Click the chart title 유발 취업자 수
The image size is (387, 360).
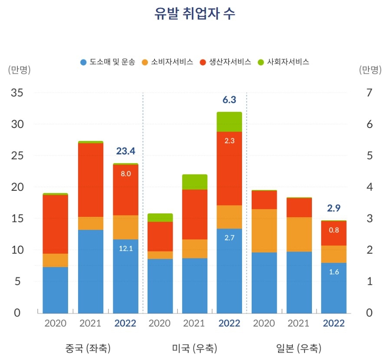(195, 13)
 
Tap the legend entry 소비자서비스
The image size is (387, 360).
(167, 62)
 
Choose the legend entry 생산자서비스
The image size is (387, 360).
(225, 62)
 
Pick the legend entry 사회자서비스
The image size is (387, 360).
(283, 62)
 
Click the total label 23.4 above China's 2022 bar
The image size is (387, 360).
(125, 151)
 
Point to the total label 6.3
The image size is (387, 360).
(229, 100)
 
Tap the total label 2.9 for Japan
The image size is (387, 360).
(334, 208)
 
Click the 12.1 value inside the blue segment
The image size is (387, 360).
(125, 249)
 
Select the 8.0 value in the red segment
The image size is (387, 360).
(125, 173)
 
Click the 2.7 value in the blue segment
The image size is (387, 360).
(229, 238)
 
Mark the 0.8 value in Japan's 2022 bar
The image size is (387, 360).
(334, 230)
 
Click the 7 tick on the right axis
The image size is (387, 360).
(369, 93)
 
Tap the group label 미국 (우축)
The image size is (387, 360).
(194, 348)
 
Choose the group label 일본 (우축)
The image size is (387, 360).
(298, 348)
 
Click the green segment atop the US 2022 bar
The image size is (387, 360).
(229, 122)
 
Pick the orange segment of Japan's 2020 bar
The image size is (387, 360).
(264, 231)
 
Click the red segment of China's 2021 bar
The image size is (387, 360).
(90, 180)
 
